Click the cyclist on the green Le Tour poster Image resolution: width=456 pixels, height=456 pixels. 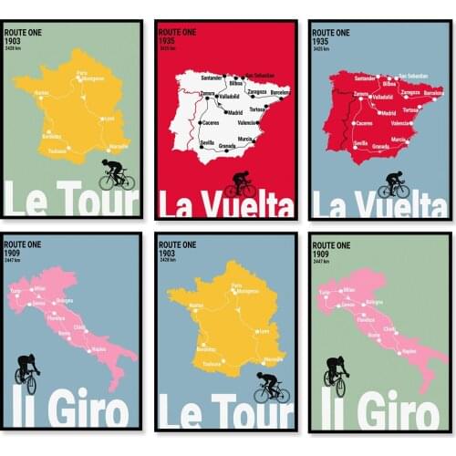115,174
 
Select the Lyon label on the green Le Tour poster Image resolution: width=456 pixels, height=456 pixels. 110,118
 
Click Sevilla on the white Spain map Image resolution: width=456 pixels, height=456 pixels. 207,143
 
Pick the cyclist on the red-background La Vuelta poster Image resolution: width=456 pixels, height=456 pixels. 241,183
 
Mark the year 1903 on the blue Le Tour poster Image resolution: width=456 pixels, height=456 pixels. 166,254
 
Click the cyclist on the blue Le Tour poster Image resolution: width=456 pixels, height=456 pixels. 270,386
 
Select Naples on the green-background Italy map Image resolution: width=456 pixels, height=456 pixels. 409,350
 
